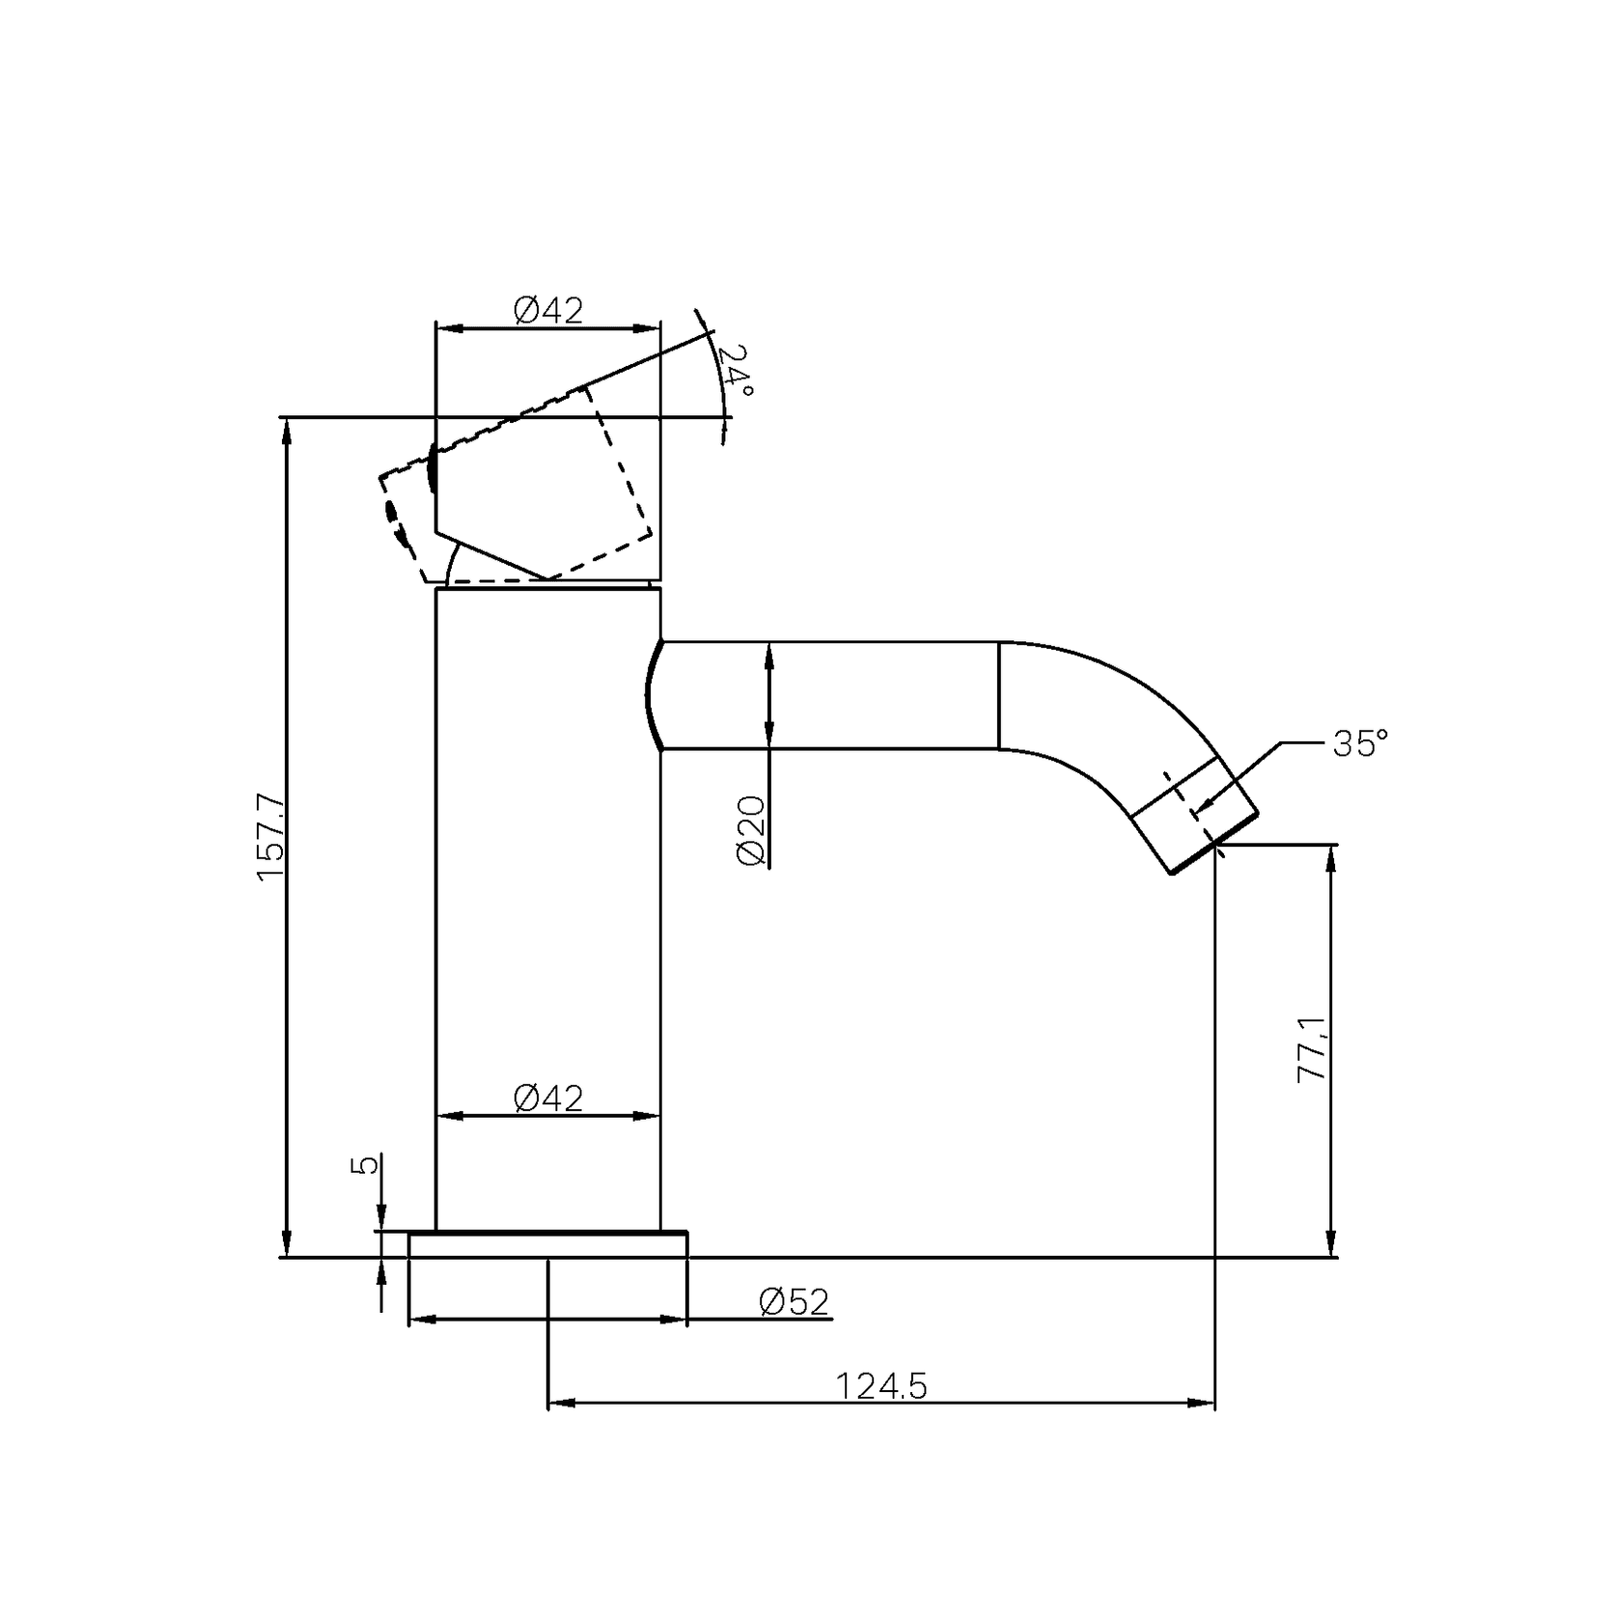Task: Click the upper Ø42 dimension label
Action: pos(548,311)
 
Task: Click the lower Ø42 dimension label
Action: pos(548,1099)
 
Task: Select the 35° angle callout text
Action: pos(1360,743)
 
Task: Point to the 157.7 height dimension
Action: pos(270,836)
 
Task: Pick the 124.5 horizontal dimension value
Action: pos(880,1386)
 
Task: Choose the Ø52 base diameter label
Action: pos(794,1302)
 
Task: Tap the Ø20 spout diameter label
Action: pos(751,830)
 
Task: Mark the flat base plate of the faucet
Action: pos(548,1244)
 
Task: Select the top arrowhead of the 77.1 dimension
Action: pos(1332,858)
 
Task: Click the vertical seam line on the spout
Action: pos(998,695)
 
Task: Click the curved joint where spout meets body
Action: pos(650,693)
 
